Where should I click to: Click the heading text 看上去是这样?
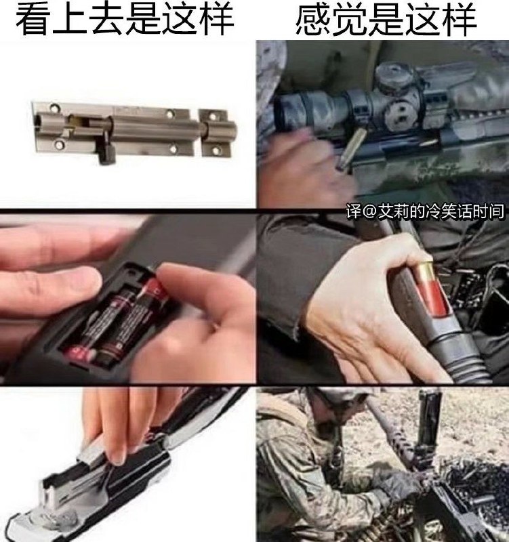[x=125, y=19]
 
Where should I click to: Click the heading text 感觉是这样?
[x=386, y=19]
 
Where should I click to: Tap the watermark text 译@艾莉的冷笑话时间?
[x=425, y=211]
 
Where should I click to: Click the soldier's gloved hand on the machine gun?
[x=401, y=483]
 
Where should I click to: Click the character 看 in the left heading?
[x=33, y=19]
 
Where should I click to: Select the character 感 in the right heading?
[x=313, y=19]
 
